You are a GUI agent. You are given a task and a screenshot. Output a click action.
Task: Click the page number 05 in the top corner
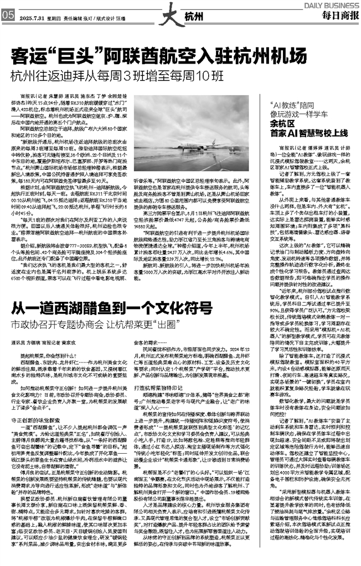7,15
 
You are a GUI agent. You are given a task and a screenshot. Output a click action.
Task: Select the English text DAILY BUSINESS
333,4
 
